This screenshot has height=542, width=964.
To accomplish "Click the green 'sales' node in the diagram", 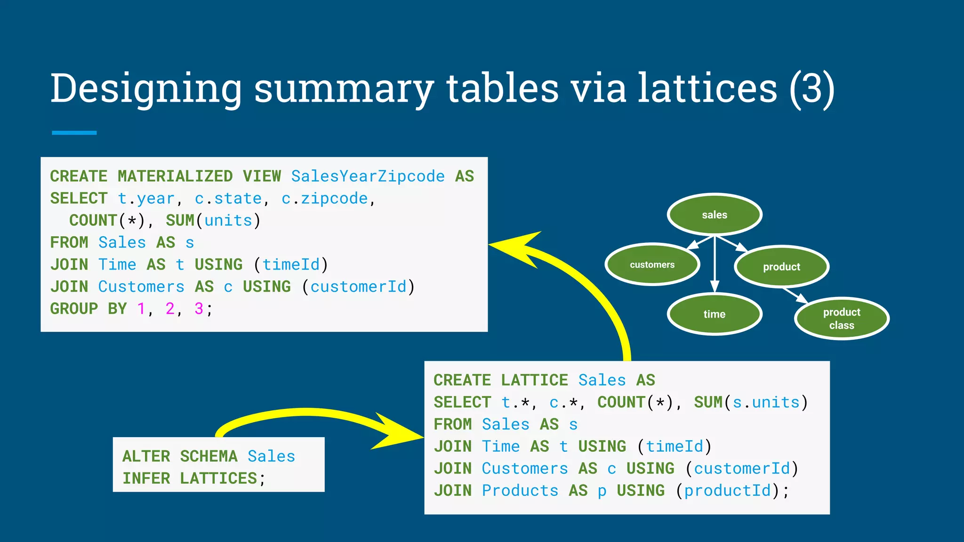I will click(x=715, y=215).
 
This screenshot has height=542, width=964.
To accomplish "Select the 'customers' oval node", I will click(x=652, y=264).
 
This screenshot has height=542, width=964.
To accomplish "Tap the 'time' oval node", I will click(x=715, y=314).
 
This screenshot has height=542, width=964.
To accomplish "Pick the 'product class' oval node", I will click(x=842, y=319).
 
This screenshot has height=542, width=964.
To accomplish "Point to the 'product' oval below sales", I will click(x=781, y=267).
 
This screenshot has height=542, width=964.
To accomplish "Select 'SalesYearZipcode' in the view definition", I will click(x=368, y=176).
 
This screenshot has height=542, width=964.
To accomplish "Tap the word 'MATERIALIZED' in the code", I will click(x=175, y=176).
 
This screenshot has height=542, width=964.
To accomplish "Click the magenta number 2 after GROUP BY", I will click(x=170, y=309).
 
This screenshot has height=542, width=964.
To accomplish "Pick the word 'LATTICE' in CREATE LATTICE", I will click(x=534, y=380).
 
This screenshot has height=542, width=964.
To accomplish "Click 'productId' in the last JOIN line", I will click(x=728, y=491).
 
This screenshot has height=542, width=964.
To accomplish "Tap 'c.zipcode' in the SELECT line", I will click(x=324, y=199).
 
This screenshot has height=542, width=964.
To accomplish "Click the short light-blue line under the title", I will click(x=74, y=133).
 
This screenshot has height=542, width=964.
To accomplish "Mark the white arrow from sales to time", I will click(x=715, y=263).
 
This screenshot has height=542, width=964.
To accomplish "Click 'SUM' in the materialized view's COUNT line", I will click(x=180, y=220).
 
